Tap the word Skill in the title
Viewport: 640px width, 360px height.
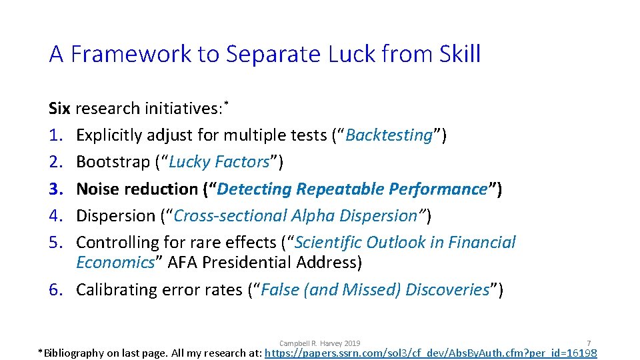pyautogui.click(x=459, y=54)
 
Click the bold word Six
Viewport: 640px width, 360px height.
pyautogui.click(x=59, y=109)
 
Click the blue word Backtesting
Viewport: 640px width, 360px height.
pyautogui.click(x=389, y=135)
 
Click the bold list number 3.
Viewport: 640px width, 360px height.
pyautogui.click(x=55, y=189)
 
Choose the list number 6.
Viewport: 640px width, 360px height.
pyautogui.click(x=55, y=289)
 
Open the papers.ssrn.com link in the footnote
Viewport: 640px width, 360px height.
pyautogui.click(x=431, y=353)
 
